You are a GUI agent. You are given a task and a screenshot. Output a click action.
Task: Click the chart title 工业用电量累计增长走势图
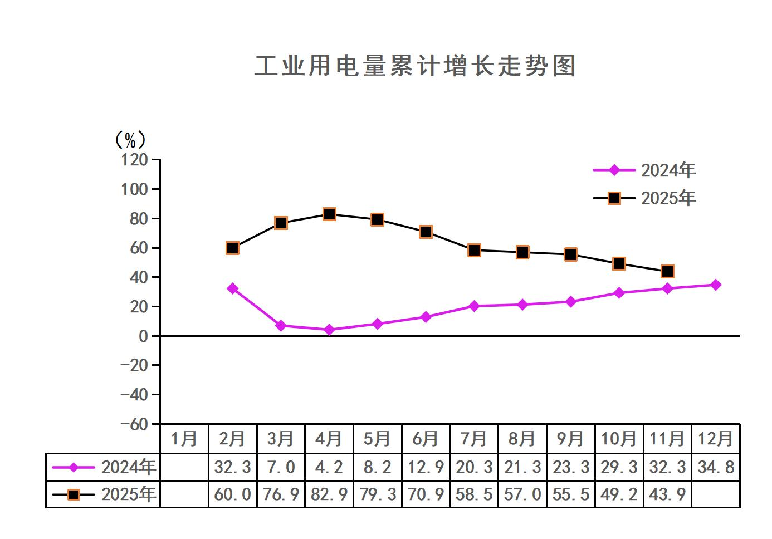pos(415,66)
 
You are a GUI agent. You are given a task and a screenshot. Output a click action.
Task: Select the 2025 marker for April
pos(329,214)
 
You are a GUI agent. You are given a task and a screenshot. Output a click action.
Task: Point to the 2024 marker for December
pos(716,285)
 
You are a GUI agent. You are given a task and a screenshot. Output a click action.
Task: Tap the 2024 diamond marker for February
pos(233,288)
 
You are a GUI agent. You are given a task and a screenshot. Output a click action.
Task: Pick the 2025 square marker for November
pos(667,272)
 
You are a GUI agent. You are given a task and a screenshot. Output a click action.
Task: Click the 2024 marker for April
pos(329,330)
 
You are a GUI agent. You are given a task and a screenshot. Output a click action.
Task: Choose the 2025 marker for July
pos(474,250)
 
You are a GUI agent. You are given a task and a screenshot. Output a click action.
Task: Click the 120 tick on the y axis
pos(134,160)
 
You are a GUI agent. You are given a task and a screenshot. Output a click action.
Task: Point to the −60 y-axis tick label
pos(134,424)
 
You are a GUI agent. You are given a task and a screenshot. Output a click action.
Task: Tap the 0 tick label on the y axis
pos(143,336)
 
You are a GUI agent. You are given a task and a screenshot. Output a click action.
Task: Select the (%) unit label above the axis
pos(130,139)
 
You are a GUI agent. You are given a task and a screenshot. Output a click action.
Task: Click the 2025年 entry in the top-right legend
pos(668,198)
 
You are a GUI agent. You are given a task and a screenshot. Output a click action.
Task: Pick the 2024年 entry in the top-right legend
pos(668,170)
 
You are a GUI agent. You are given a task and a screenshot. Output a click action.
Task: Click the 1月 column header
pos(184,439)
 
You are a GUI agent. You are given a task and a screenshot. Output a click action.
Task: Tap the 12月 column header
pos(716,439)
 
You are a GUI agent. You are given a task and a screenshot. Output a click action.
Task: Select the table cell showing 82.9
pos(329,494)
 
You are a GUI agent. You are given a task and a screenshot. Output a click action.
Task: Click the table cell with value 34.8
pos(716,467)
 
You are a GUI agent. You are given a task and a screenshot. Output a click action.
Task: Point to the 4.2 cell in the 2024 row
pos(329,467)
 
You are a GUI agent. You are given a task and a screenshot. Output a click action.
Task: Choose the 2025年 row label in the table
pos(128,494)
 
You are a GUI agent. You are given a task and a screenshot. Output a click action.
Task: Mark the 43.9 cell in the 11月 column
pos(667,494)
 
